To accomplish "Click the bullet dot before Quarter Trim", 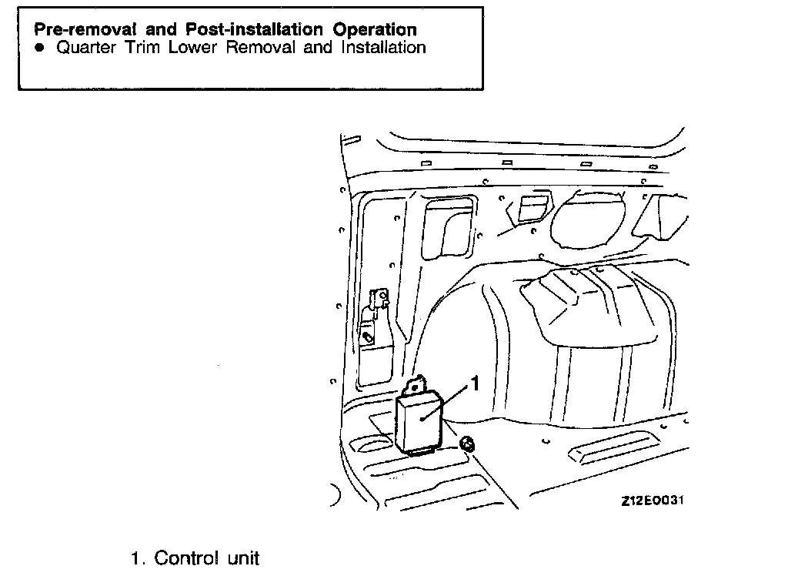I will [x=41, y=48].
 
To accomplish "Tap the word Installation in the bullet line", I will [x=376, y=48].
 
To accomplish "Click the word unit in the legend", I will [x=243, y=558].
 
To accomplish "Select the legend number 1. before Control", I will [x=139, y=558].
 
